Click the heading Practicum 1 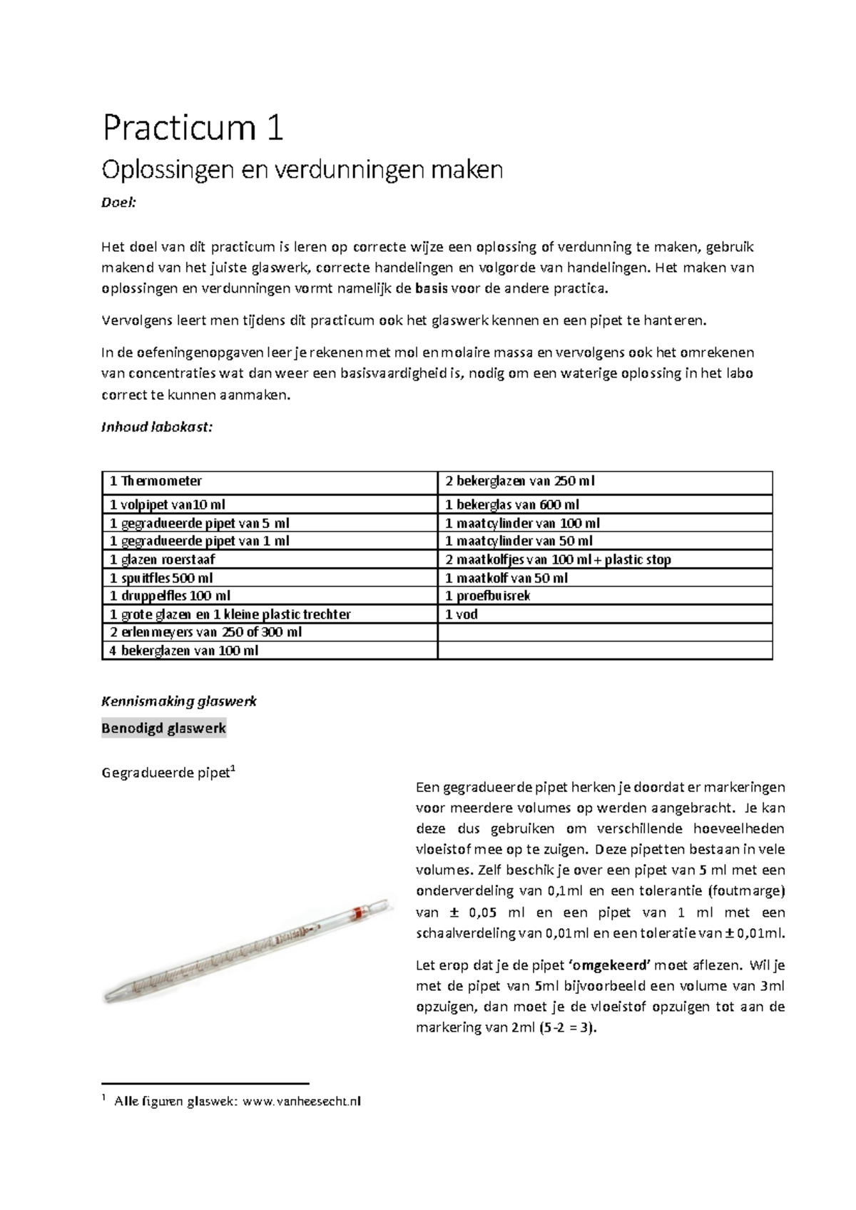pyautogui.click(x=193, y=129)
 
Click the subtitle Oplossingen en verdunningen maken pyautogui.click(x=302, y=171)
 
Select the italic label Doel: pyautogui.click(x=118, y=203)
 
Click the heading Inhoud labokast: pyautogui.click(x=157, y=427)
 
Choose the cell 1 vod pyautogui.click(x=462, y=614)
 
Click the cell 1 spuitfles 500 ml pyautogui.click(x=161, y=578)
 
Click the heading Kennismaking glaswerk pyautogui.click(x=179, y=701)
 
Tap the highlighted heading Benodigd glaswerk pyautogui.click(x=164, y=728)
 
